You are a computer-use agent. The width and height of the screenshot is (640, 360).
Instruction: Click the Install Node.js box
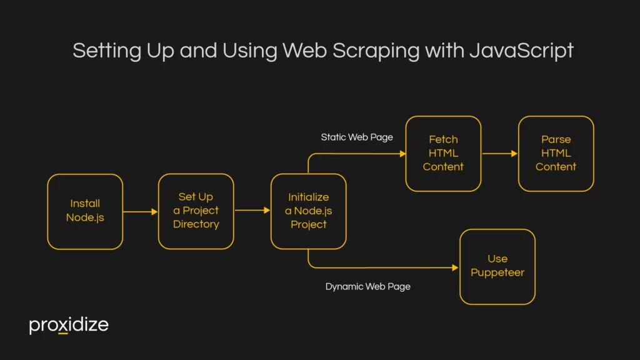(85, 211)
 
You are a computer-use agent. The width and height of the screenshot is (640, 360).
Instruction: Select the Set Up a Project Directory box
(196, 211)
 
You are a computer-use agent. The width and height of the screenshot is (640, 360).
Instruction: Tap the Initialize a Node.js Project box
(308, 211)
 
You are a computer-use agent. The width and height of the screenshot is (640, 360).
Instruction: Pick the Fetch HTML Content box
(443, 153)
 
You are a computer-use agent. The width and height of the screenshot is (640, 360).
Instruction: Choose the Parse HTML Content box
(556, 153)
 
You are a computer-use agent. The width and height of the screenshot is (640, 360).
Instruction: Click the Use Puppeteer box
(497, 266)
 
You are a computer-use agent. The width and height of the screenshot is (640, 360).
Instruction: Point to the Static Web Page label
(357, 137)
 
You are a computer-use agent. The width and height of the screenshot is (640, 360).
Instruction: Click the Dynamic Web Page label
(368, 287)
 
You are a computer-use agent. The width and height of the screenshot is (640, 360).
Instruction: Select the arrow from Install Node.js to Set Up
(140, 212)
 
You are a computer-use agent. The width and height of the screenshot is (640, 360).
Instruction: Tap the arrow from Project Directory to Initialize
(252, 211)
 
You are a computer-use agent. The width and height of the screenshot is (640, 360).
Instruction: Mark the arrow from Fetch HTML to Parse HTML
(499, 154)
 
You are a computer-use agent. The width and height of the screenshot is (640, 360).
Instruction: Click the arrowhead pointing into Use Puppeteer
(455, 267)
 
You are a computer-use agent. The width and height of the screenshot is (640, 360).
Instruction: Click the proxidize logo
(69, 325)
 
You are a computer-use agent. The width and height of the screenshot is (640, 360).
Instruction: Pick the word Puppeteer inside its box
(497, 272)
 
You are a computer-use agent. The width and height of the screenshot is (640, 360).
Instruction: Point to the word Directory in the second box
(196, 224)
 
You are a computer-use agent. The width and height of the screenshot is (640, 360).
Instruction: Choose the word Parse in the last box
(556, 139)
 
